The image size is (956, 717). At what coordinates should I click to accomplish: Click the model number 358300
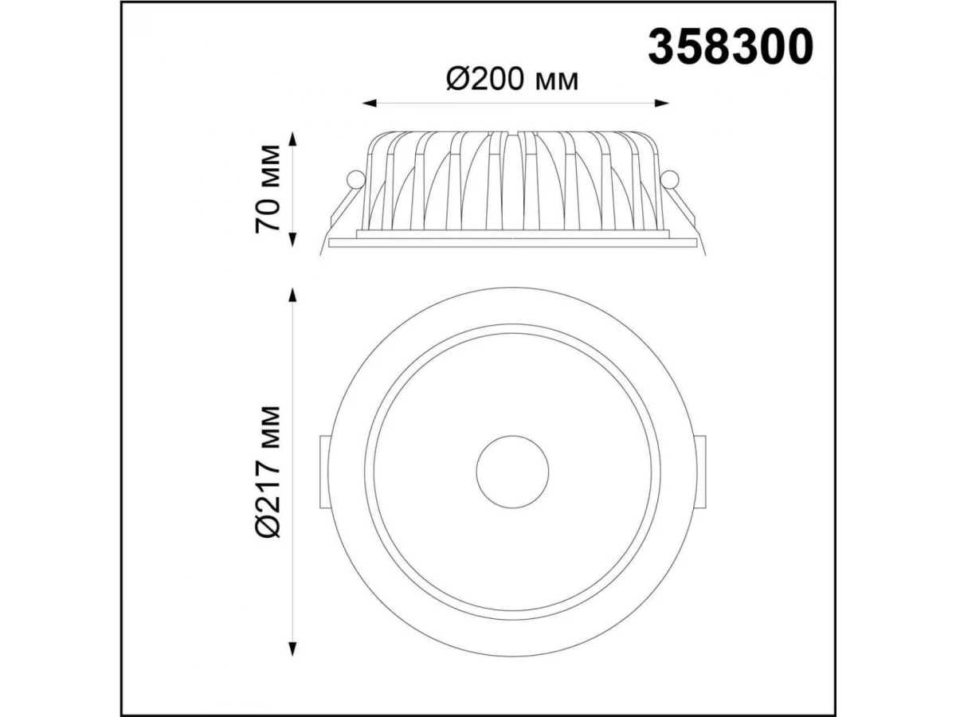click(730, 47)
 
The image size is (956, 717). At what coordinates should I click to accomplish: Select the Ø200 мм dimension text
click(512, 80)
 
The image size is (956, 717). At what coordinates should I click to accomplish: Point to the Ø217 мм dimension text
click(268, 472)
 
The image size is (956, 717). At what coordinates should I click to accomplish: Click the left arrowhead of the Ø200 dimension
click(370, 104)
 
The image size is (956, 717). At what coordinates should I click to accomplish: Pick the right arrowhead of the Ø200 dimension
click(661, 104)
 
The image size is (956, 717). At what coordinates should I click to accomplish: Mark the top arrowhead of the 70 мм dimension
click(292, 139)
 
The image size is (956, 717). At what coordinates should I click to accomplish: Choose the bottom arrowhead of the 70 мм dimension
click(292, 240)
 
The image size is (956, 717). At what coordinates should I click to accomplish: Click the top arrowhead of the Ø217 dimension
click(292, 294)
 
